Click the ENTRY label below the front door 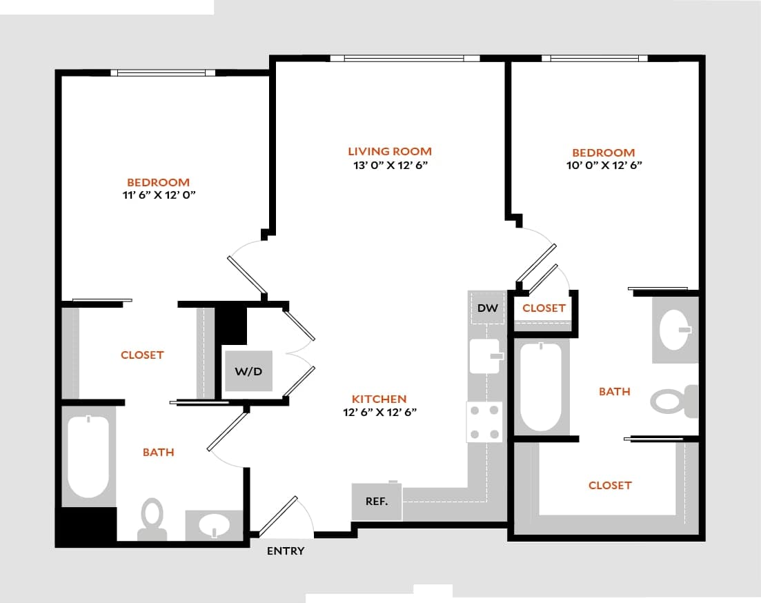pyautogui.click(x=285, y=551)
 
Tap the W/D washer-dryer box pyautogui.click(x=248, y=371)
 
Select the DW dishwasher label pyautogui.click(x=487, y=308)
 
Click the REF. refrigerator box pyautogui.click(x=377, y=502)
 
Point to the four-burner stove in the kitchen pyautogui.click(x=484, y=422)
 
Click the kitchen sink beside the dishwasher pyautogui.click(x=484, y=356)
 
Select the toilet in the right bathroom pyautogui.click(x=672, y=401)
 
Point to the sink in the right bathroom pyautogui.click(x=675, y=330)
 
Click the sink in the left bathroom pyautogui.click(x=215, y=526)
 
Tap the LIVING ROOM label pyautogui.click(x=390, y=151)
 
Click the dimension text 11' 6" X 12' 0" pyautogui.click(x=158, y=195)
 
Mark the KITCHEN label pyautogui.click(x=379, y=399)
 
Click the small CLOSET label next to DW pyautogui.click(x=544, y=308)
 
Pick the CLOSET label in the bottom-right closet pyautogui.click(x=609, y=485)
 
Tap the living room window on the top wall pyautogui.click(x=404, y=59)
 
